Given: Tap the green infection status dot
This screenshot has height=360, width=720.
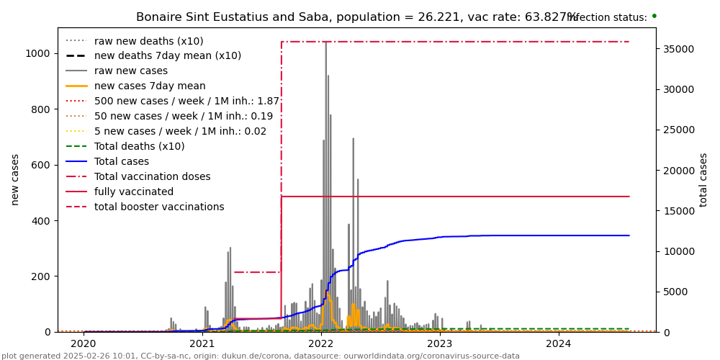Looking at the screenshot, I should (x=654, y=15).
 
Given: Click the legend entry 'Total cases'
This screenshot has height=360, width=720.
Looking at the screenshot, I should (x=122, y=162).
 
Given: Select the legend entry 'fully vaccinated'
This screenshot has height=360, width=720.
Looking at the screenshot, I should (x=134, y=192).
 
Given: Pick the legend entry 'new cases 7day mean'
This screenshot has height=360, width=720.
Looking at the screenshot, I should (x=150, y=86).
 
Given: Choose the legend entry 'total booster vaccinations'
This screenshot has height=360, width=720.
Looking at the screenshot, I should (x=159, y=207).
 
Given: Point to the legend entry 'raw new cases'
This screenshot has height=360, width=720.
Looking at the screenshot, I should (x=131, y=71).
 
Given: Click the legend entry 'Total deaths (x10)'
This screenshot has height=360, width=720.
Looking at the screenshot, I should (x=139, y=147).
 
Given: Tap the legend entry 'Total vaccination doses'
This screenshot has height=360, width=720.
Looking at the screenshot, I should (x=153, y=177).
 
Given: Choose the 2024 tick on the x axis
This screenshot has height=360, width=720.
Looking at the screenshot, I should (x=559, y=344).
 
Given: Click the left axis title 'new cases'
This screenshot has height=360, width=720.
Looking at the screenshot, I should (x=15, y=179).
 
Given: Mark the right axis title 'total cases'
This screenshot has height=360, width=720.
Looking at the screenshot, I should (x=703, y=179).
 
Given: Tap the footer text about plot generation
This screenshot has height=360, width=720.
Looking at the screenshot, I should (x=261, y=356).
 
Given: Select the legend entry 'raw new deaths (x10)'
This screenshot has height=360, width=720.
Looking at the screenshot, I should (x=148, y=41).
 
